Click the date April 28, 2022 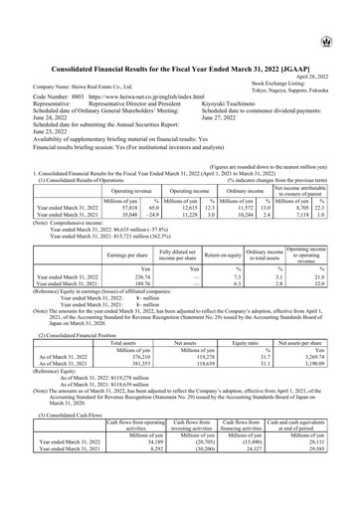332,49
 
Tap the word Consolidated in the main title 83,38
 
